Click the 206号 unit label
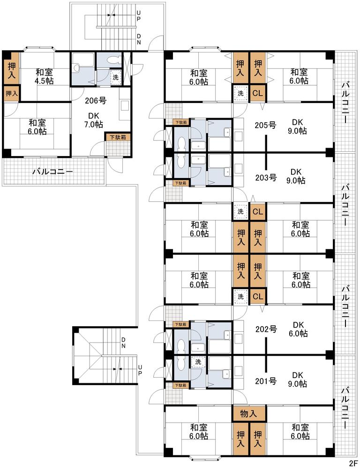click(96, 100)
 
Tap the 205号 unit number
click(265, 125)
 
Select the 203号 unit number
click(266, 178)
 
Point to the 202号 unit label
click(266, 329)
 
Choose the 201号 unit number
click(266, 381)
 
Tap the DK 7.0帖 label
click(94, 120)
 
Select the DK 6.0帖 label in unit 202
click(298, 329)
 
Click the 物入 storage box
click(249, 414)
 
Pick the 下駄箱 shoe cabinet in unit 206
click(118, 137)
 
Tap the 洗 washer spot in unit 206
click(115, 77)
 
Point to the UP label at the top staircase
click(139, 15)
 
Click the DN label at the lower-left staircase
click(123, 343)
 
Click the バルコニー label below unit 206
click(52, 172)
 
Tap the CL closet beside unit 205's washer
click(257, 93)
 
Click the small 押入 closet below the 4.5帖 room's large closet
click(11, 94)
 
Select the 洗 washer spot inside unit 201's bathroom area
click(198, 362)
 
